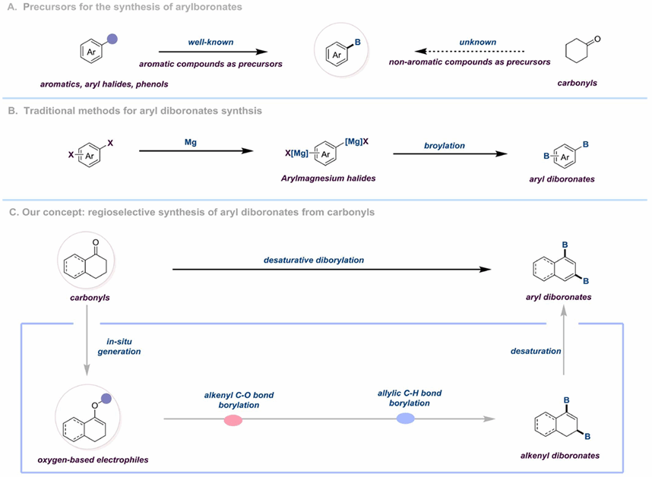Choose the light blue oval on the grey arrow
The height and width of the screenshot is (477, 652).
405,418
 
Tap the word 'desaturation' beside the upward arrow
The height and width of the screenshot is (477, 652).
535,352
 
